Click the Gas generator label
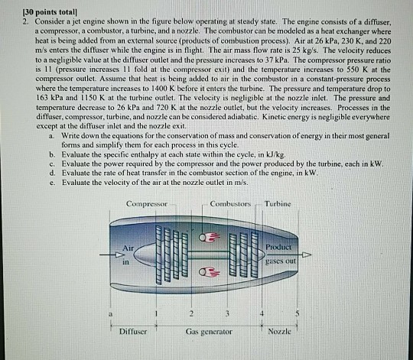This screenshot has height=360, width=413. point(209,331)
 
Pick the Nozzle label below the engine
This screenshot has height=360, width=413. point(285,331)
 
